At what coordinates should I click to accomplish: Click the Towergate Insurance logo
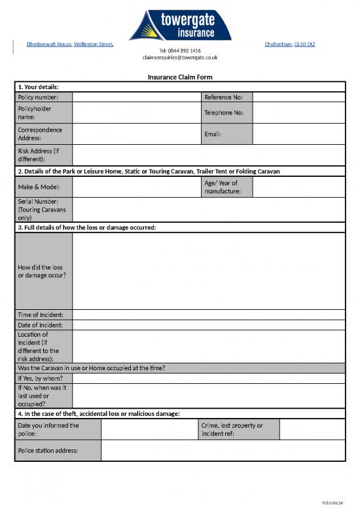(x=179, y=24)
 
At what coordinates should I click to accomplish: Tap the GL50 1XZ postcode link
(x=304, y=45)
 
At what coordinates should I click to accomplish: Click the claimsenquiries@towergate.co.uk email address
(x=180, y=58)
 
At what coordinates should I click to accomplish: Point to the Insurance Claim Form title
(x=180, y=77)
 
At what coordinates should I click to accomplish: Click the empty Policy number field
(x=137, y=97)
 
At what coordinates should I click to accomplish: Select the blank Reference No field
(x=298, y=97)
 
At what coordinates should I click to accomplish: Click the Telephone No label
(x=224, y=113)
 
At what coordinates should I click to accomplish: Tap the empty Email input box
(x=298, y=134)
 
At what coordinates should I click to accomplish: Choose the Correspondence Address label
(x=41, y=134)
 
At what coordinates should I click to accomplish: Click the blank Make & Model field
(x=137, y=187)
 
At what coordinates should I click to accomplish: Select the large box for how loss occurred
(x=208, y=271)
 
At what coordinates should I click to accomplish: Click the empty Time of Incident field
(x=208, y=314)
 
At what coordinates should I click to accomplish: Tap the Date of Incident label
(x=41, y=325)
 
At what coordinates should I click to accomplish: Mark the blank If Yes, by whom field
(x=208, y=378)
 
